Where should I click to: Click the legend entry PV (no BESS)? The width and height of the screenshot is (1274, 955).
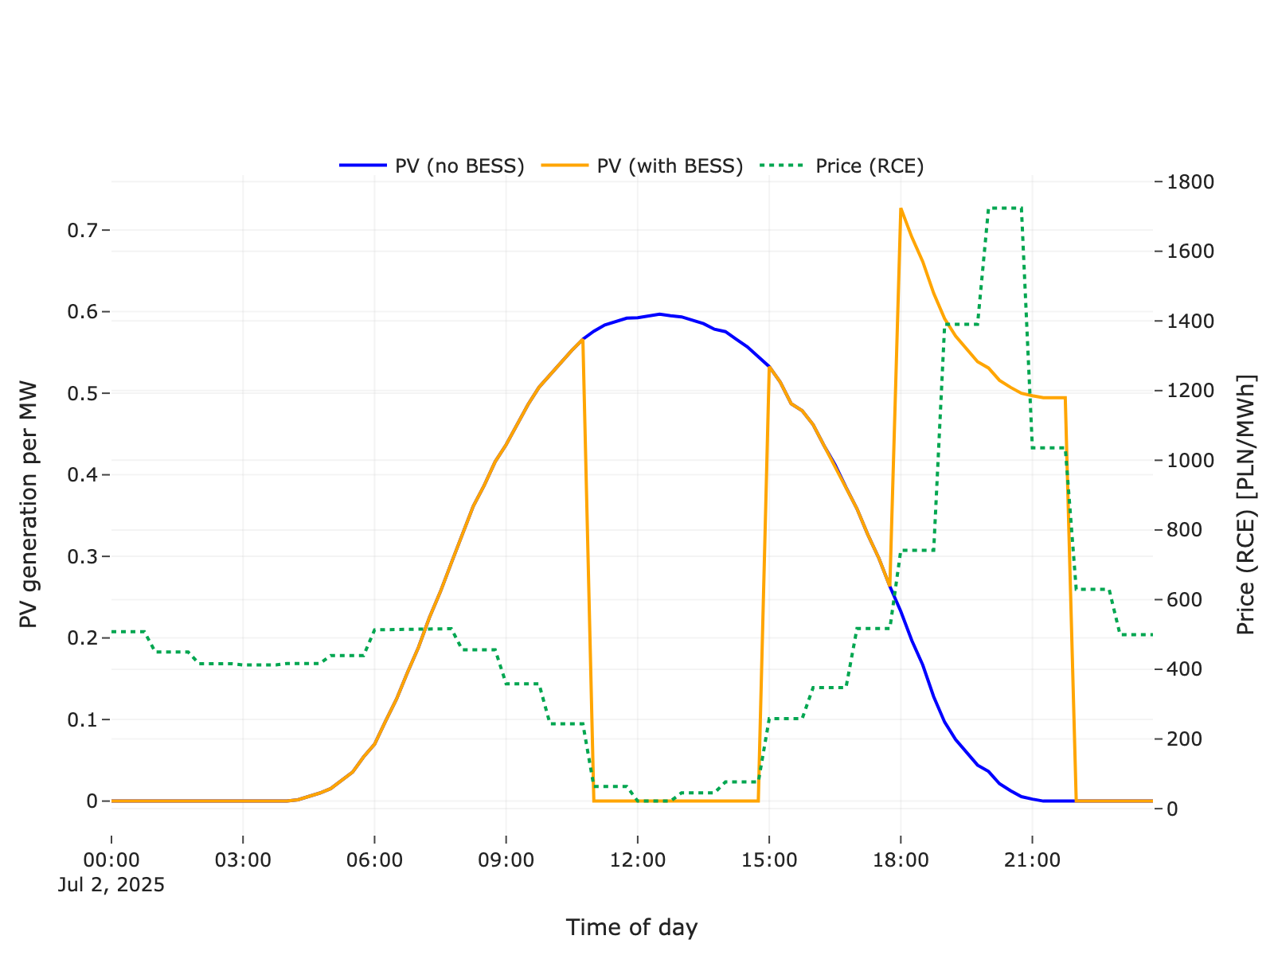click(459, 166)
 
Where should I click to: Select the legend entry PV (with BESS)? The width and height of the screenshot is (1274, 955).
click(669, 166)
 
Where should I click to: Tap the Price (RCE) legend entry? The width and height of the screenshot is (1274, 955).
click(869, 166)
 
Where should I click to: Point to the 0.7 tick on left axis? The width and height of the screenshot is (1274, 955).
click(83, 231)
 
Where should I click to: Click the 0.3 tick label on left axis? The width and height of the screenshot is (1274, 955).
click(83, 557)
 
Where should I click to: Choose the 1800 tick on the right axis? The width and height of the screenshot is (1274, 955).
click(1190, 182)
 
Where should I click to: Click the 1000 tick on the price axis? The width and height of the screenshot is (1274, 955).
click(1190, 461)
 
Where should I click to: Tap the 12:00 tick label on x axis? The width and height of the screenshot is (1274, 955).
click(637, 860)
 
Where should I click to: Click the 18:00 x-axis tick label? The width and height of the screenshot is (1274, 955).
click(901, 860)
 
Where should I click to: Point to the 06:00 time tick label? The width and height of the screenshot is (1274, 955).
click(374, 860)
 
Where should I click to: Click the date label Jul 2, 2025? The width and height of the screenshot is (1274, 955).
click(111, 885)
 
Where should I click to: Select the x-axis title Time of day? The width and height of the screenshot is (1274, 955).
click(631, 927)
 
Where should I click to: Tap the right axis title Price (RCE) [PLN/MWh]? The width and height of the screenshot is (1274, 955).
click(1245, 504)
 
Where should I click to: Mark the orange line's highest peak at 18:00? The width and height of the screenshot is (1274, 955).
click(901, 209)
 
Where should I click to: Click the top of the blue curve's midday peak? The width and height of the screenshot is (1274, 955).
click(659, 314)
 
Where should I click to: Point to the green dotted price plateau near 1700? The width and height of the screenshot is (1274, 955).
click(1005, 209)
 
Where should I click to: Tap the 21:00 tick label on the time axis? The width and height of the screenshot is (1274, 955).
click(1032, 860)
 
